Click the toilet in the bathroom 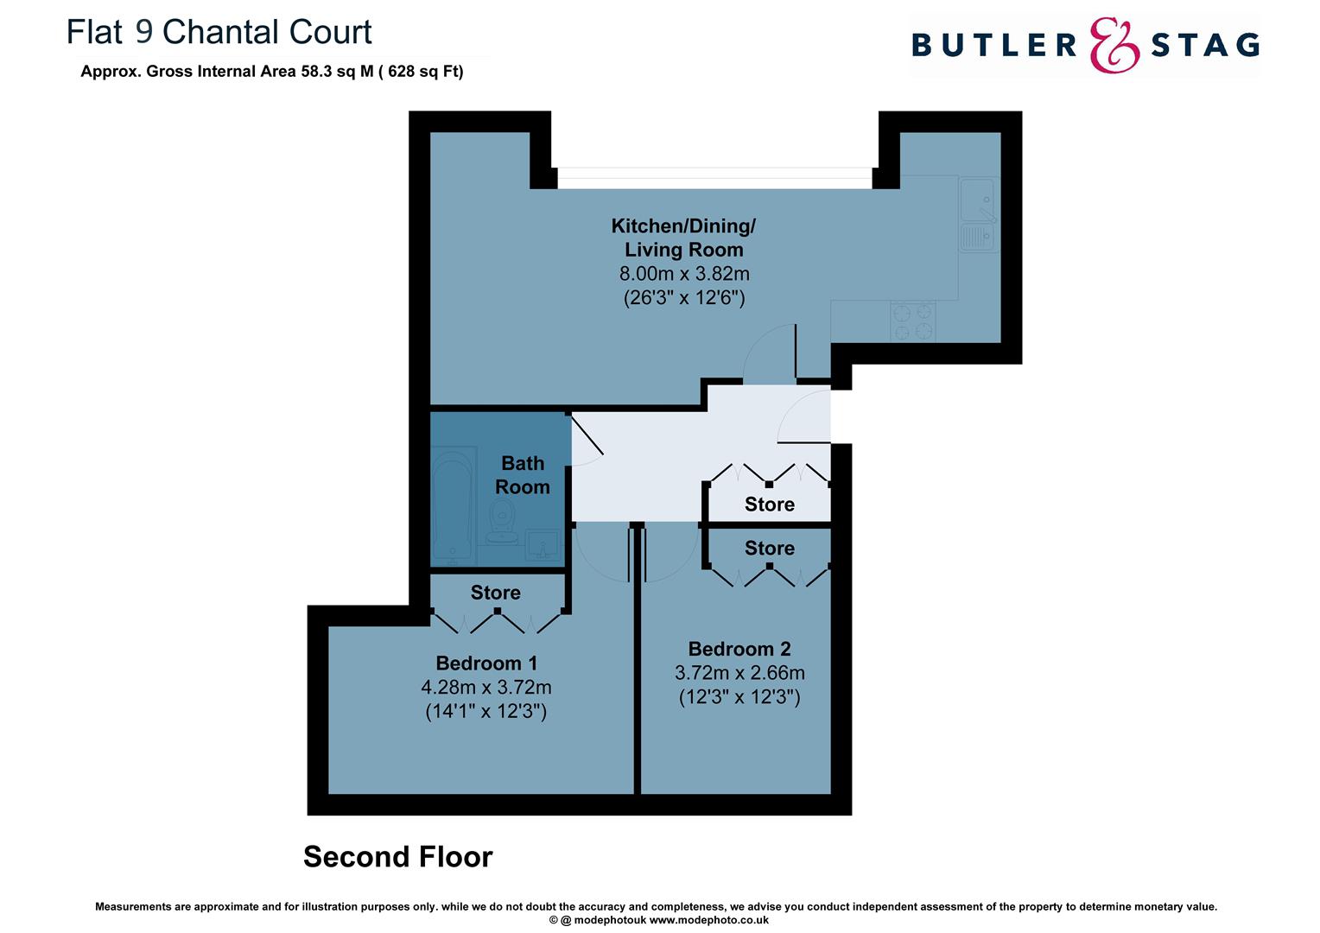coord(502,522)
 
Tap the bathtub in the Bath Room coord(453,503)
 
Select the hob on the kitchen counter coord(913,321)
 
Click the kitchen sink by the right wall coord(979,214)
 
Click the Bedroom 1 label coord(486,663)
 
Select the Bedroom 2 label coord(739,649)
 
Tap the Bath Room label coord(522,475)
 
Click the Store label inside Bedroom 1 coord(495,593)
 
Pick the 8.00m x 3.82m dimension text coord(683,274)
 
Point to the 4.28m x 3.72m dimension coord(486,688)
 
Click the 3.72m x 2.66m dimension coord(739,672)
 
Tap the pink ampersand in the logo coord(1114,46)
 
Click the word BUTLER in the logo coord(994,46)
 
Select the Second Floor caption coord(397,857)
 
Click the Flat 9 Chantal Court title coord(219,32)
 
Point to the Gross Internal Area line coord(271,72)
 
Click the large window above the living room coord(714,178)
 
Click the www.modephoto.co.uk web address coord(709,920)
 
